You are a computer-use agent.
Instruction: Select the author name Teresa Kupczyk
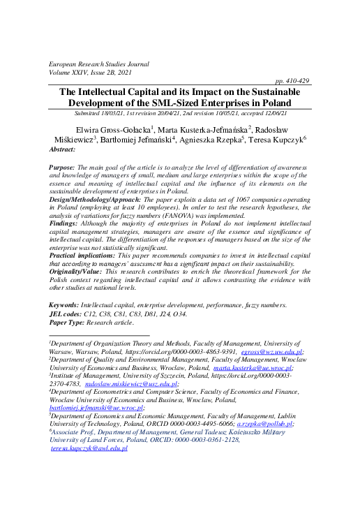pyautogui.click(x=277, y=139)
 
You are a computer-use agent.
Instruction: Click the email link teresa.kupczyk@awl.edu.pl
pyautogui.click(x=89, y=448)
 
